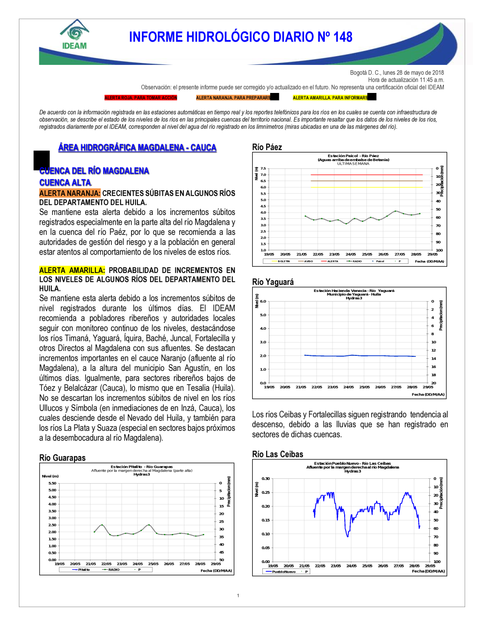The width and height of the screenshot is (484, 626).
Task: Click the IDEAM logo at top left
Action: tap(74, 35)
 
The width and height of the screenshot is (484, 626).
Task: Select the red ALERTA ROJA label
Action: tap(141, 98)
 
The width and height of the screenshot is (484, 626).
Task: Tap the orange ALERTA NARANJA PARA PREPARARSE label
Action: tap(233, 98)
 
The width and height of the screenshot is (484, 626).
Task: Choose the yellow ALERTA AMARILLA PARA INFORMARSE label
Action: tap(330, 98)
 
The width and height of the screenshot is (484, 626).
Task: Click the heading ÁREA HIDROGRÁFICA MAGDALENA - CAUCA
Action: tap(137, 148)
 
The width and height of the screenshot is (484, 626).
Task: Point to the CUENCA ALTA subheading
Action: tap(65, 183)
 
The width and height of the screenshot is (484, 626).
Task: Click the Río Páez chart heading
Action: tap(267, 147)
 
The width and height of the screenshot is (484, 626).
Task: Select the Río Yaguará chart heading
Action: tap(273, 282)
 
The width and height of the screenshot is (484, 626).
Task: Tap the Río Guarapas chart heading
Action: tap(62, 458)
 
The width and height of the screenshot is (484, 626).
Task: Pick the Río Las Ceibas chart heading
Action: tap(278, 454)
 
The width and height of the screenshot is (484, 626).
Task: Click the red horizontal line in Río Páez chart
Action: tap(366, 175)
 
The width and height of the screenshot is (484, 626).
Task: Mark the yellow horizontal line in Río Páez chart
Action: tap(366, 187)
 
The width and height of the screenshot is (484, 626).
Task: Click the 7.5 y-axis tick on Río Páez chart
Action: tap(263, 168)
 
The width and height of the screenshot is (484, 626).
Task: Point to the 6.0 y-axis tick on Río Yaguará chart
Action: tap(263, 301)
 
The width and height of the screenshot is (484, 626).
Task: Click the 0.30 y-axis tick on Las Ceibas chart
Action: tap(266, 478)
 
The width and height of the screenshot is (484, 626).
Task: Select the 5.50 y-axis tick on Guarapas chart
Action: tap(52, 483)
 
